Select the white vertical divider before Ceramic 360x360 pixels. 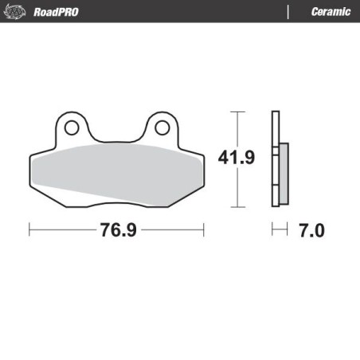[287, 11]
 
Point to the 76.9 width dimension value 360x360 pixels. [118, 231]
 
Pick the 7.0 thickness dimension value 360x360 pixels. [311, 231]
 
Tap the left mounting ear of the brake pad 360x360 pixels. [71, 131]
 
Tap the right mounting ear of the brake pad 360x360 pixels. [162, 131]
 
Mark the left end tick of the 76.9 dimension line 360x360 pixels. [29, 230]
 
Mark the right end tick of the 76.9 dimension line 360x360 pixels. [205, 230]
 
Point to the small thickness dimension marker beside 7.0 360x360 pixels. [278, 230]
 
